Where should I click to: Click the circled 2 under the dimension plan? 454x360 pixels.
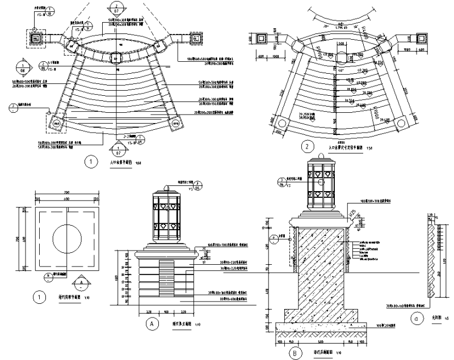click(x=306, y=147)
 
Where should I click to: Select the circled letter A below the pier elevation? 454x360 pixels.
click(x=151, y=323)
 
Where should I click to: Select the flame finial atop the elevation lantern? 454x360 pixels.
click(x=167, y=188)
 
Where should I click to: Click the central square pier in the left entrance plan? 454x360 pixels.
click(x=116, y=58)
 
